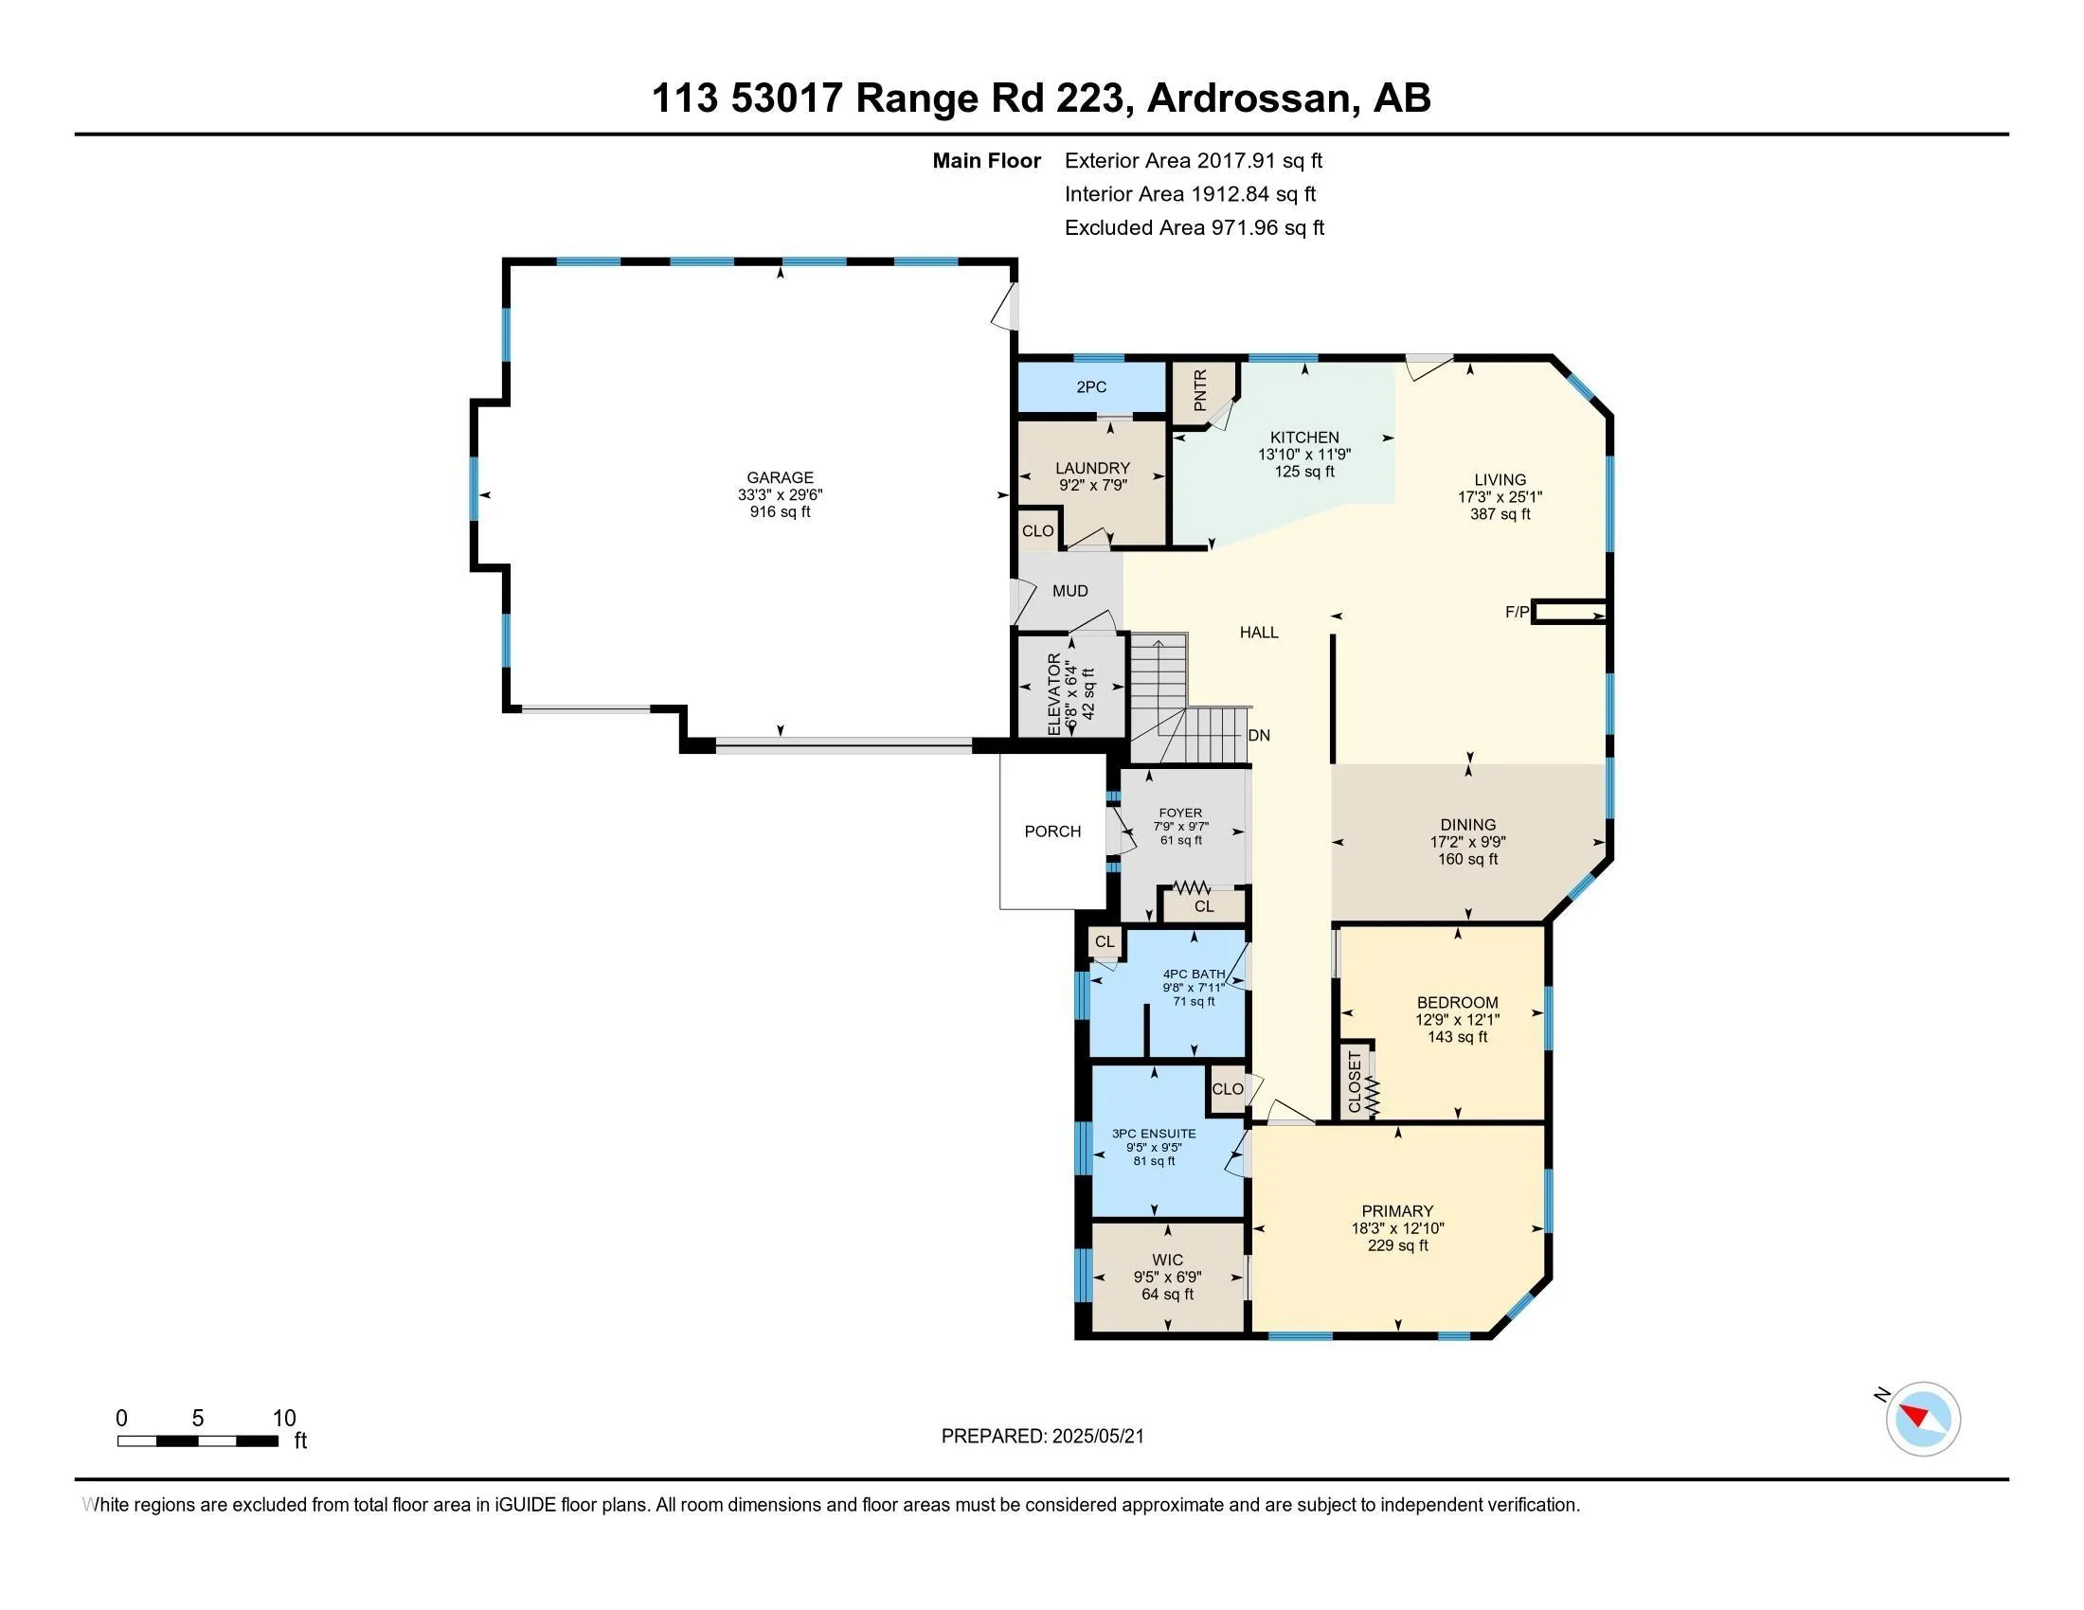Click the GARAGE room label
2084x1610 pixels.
(780, 478)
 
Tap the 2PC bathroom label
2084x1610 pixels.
(1090, 387)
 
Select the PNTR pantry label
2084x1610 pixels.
(1199, 390)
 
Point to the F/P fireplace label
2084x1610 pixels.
(1518, 613)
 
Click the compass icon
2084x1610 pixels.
(1922, 1420)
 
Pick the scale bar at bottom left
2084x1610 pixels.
(198, 1441)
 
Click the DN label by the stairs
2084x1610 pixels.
(1259, 735)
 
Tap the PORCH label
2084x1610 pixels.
(1052, 832)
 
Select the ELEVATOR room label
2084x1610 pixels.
(1053, 693)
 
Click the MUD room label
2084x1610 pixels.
(1069, 591)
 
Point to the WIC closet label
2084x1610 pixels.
(1167, 1260)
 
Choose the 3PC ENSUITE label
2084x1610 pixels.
(1154, 1134)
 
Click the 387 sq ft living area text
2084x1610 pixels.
(1500, 514)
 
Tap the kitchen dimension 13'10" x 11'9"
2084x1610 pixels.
(1304, 455)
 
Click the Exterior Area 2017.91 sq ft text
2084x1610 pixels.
(1194, 161)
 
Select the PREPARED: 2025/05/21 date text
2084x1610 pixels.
(1042, 1437)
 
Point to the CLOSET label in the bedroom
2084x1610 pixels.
(1355, 1082)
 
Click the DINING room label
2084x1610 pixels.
(1467, 825)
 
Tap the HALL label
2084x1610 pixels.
(1259, 633)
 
